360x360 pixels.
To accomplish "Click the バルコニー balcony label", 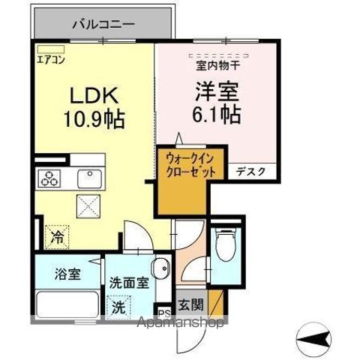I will point(103,23).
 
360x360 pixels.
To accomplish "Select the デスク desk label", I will point(250,171).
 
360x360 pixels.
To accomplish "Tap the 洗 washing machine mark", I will point(119,307).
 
